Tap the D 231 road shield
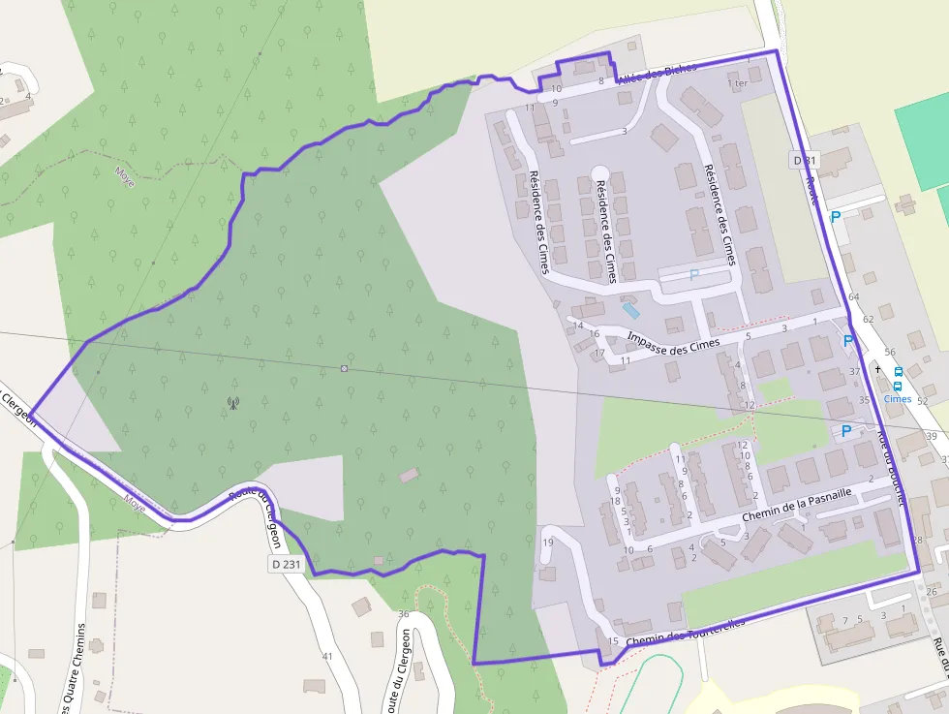coord(286,564)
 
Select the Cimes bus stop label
coord(898,398)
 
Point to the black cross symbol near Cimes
coord(878,369)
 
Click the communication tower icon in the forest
coord(232,402)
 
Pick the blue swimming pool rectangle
coord(631,310)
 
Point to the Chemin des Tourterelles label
coord(686,633)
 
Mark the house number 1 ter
coord(737,83)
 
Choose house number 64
coord(853,296)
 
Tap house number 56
coord(889,353)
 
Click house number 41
coord(327,657)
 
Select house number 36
coord(404,613)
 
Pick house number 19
coord(548,543)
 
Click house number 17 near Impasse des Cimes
coord(599,354)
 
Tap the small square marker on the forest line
coord(344,368)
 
